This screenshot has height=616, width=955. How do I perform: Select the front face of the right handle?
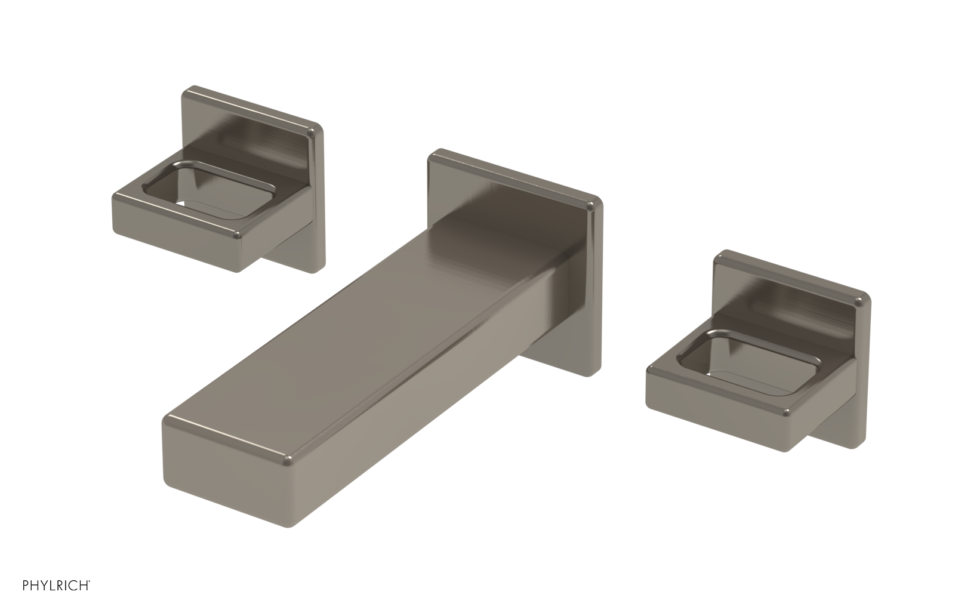pyautogui.click(x=716, y=412)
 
